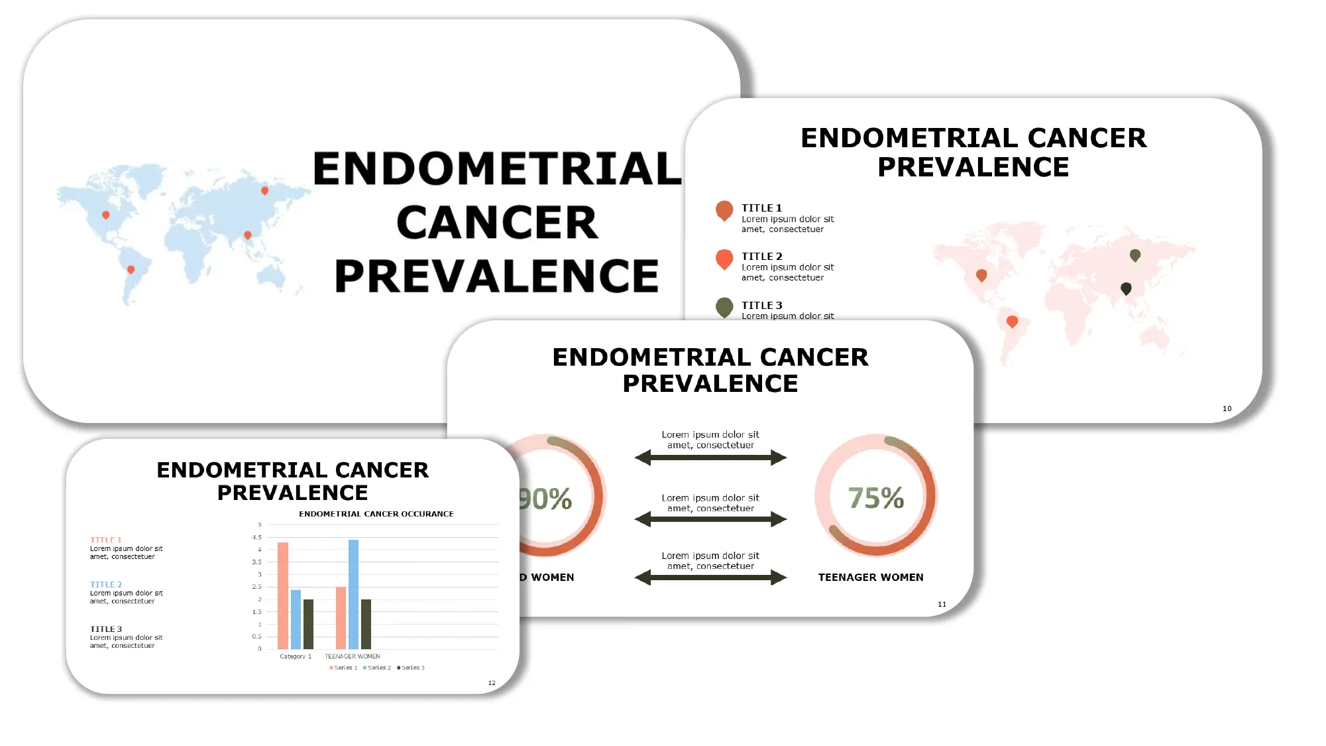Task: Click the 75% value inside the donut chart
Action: click(x=876, y=498)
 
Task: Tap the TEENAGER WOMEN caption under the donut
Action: click(x=871, y=578)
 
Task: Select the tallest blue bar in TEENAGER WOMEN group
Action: click(x=353, y=594)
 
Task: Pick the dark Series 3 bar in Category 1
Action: click(x=308, y=624)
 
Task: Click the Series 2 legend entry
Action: click(x=377, y=668)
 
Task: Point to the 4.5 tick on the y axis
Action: click(x=257, y=538)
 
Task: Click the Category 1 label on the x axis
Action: click(x=296, y=656)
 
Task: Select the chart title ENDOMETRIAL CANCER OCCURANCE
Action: click(x=376, y=514)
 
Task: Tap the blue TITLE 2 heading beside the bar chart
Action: click(x=106, y=585)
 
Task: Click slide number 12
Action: click(x=492, y=683)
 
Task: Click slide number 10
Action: click(x=1227, y=409)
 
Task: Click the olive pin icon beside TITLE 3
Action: click(x=724, y=307)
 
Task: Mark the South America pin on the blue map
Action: click(x=131, y=270)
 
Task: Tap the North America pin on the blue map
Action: click(x=106, y=215)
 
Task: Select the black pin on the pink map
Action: click(x=1126, y=288)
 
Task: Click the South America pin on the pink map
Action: click(x=1012, y=322)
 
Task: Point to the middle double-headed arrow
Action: click(x=710, y=519)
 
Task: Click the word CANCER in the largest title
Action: click(x=497, y=223)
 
